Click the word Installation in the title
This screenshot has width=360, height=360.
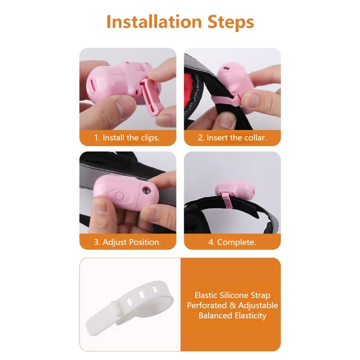pyautogui.click(x=154, y=22)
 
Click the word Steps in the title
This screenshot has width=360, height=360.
pyautogui.click(x=231, y=22)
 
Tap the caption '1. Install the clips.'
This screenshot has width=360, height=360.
pyautogui.click(x=127, y=138)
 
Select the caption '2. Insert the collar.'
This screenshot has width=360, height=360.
pyautogui.click(x=232, y=138)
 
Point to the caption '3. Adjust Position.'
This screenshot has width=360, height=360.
pyautogui.click(x=127, y=242)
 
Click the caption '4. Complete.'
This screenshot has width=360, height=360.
pyautogui.click(x=232, y=242)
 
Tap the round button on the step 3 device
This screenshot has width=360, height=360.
pyautogui.click(x=119, y=196)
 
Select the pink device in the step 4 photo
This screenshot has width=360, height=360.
pyautogui.click(x=235, y=191)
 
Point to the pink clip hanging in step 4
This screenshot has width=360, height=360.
pyautogui.click(x=228, y=200)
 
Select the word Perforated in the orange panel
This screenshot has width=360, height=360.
pyautogui.click(x=207, y=306)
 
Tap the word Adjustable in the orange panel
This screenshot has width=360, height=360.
pyautogui.click(x=258, y=306)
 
